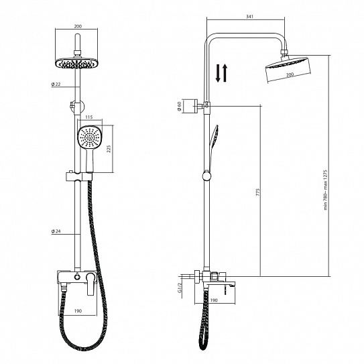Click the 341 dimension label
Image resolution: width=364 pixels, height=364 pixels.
coord(249,17)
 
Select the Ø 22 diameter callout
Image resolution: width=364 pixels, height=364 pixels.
coord(56,84)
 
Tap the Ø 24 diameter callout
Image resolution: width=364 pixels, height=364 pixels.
coord(56,231)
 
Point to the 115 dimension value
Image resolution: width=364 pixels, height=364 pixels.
coord(89,117)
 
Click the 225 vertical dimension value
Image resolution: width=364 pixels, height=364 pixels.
coord(109,149)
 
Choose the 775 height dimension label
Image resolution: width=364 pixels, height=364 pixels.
coord(258,192)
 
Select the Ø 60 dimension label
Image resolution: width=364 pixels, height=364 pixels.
coord(179,107)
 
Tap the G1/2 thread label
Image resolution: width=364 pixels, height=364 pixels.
coord(179,288)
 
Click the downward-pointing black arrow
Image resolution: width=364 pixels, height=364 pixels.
coord(218,73)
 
